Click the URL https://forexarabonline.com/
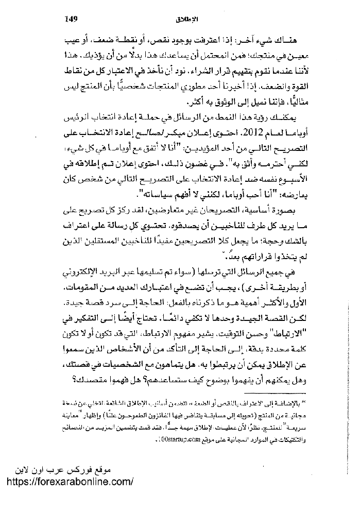68,482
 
